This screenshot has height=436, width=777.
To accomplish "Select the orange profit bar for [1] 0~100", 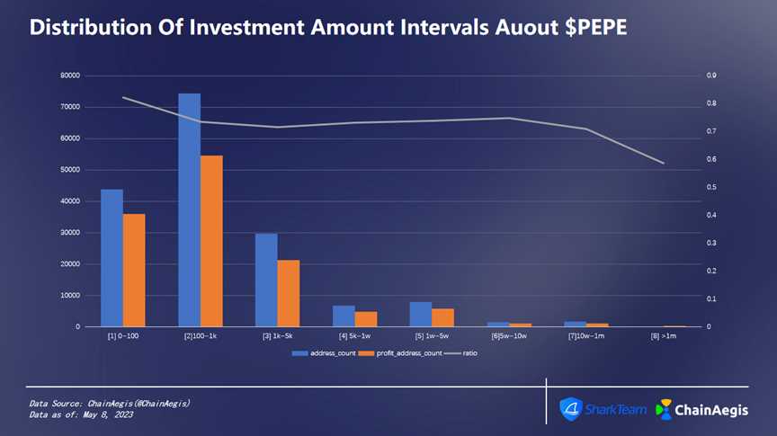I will pos(134,270).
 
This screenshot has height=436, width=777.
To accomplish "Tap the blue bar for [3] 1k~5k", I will pos(266,280).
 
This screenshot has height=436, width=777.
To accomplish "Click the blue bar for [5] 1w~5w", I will pos(421,314).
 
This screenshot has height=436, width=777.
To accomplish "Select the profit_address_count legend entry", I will pos(401,353).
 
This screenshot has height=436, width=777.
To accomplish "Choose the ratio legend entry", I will pos(462,353).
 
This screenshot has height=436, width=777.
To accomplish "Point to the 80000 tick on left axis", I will pos(69,76).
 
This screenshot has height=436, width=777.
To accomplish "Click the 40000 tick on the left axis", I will pos(69,201).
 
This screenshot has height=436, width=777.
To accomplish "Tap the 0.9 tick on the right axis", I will pos(711,76).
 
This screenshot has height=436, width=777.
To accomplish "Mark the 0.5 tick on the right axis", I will pos(711,187).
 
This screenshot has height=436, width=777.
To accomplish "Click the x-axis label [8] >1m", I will pos(664,336).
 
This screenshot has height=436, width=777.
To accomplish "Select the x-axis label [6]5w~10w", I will pos(509,336).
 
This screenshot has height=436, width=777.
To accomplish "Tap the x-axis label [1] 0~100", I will pos(122,336).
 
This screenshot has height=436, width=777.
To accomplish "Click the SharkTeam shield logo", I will pos(571,409).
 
